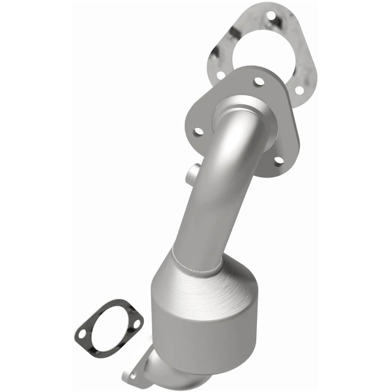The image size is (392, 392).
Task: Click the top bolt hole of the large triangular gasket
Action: point(271,16)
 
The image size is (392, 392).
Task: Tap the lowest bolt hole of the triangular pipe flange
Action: point(279,160)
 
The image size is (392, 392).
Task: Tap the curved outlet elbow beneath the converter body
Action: point(157,367)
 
